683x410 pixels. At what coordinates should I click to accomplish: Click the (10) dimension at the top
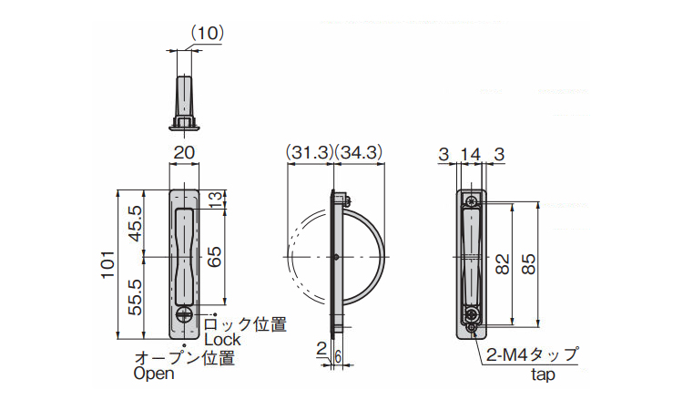coord(208,33)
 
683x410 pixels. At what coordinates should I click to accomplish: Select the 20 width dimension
coord(184,152)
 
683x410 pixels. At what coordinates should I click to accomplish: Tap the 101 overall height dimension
coord(107,264)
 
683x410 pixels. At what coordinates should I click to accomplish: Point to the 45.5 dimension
coord(136,224)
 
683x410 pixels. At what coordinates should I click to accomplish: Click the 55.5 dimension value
coord(136,298)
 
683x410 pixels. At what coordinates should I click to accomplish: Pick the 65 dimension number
coord(214,257)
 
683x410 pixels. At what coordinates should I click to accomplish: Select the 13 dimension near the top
coord(216,200)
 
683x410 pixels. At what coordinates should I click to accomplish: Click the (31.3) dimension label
coord(310,152)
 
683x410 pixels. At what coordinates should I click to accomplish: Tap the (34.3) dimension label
coord(359,152)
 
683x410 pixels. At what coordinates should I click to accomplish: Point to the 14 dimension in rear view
coord(471,154)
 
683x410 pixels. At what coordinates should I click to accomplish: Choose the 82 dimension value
coord(502,264)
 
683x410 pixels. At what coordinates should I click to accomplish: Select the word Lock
coord(222,340)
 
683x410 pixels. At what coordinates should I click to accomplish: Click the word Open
coord(154,374)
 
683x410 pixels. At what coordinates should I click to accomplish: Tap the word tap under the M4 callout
coord(543,374)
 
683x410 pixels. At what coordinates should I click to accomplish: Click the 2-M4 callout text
coord(533,355)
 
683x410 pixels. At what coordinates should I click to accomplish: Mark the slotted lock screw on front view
coord(184,314)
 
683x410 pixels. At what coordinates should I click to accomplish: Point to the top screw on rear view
coord(471,201)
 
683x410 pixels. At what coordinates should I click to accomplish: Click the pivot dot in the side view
coord(336,257)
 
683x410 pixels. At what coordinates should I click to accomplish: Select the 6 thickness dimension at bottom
coord(337,357)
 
